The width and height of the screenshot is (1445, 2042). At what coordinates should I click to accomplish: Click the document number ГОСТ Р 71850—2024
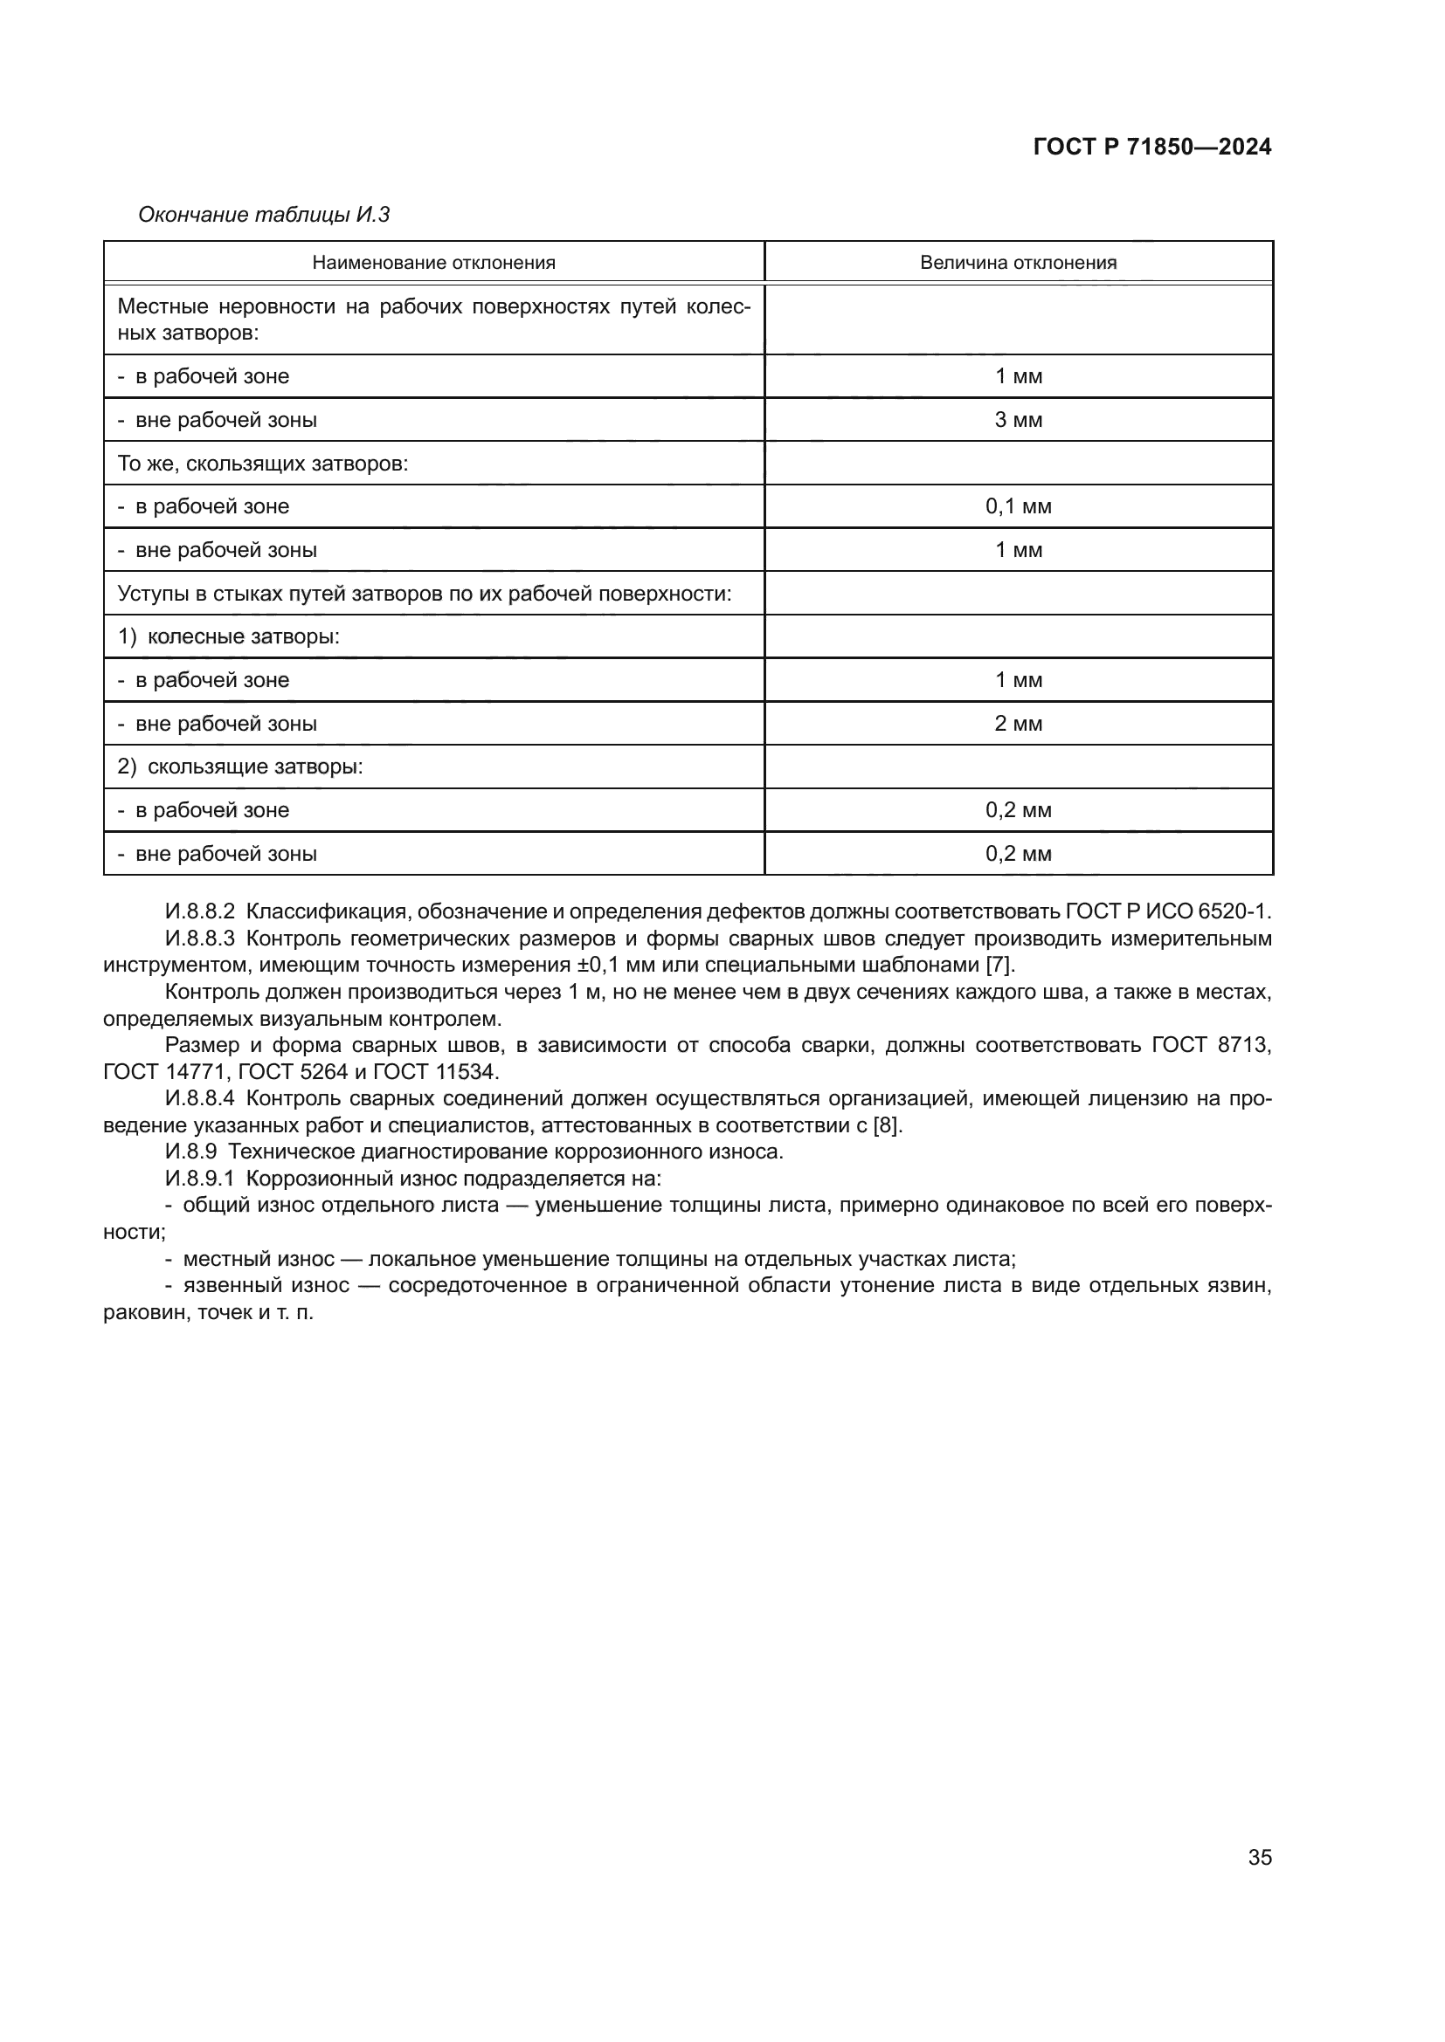(x=1151, y=147)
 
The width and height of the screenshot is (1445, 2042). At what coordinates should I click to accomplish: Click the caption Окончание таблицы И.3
(x=263, y=215)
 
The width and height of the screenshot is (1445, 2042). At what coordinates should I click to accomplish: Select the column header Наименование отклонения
(x=433, y=263)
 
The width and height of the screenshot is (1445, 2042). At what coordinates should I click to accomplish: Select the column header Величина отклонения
(x=1018, y=263)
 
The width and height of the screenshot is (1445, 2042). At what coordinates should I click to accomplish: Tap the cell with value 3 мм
(x=1018, y=420)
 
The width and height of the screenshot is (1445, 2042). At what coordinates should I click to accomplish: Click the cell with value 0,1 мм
(x=1018, y=507)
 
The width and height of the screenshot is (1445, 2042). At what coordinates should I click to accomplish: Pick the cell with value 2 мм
(x=1018, y=724)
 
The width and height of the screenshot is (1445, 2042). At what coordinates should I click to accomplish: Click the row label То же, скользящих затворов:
(x=262, y=464)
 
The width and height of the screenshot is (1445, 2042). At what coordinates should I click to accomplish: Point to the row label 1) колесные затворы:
(x=229, y=636)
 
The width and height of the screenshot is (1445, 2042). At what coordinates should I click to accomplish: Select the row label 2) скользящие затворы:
(x=240, y=767)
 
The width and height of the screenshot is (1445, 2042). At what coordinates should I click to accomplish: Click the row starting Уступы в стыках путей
(x=425, y=593)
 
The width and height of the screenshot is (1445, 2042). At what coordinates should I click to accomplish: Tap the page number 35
(x=1259, y=1857)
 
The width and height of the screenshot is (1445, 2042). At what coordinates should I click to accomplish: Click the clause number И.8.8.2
(x=199, y=911)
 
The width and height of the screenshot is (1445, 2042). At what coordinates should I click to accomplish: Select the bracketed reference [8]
(x=886, y=1125)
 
